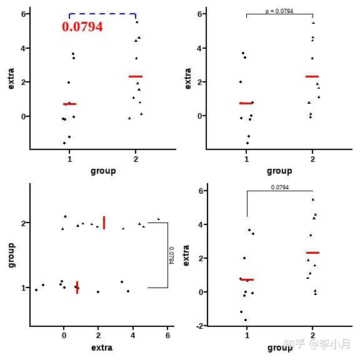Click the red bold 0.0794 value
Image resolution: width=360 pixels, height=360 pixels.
(82, 27)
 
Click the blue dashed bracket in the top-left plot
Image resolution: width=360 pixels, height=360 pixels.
(102, 14)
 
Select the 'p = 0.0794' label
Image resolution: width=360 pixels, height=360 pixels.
(279, 11)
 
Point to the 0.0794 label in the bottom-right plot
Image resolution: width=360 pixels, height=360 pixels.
(279, 187)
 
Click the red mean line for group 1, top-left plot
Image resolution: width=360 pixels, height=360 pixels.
(69, 104)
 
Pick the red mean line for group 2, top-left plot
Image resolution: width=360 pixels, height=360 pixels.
(136, 76)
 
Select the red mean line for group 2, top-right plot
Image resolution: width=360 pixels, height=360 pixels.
(312, 76)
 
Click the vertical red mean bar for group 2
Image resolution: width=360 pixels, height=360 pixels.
(104, 222)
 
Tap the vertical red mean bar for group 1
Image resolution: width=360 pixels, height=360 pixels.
(77, 287)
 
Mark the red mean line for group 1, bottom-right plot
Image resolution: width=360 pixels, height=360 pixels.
(247, 279)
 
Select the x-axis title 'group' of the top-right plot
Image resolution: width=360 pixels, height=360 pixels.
(279, 171)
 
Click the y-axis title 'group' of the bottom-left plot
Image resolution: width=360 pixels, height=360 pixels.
(11, 255)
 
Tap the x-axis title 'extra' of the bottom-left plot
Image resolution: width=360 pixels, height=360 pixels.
(102, 347)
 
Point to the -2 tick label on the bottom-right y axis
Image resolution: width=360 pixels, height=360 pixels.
(199, 326)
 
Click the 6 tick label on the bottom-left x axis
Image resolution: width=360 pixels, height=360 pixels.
(167, 336)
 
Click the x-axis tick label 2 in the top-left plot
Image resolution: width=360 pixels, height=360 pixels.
(136, 159)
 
